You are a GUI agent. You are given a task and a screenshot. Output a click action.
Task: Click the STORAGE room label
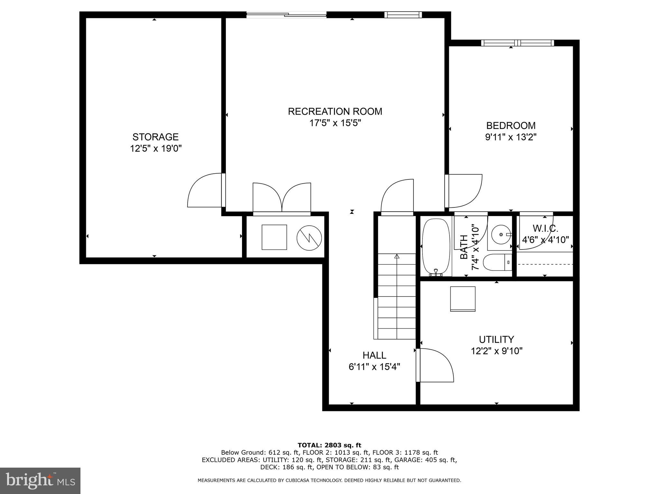155,137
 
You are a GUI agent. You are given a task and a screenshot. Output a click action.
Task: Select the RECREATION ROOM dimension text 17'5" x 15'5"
335,123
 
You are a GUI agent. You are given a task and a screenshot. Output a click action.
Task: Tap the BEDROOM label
511,125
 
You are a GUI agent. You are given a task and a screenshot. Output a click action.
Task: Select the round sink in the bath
501,234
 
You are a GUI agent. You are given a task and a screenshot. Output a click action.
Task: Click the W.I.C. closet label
545,228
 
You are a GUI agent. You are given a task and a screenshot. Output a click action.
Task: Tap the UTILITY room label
496,339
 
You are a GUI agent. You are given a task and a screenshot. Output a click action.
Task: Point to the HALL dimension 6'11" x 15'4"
374,367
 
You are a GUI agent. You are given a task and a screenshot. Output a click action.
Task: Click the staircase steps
396,296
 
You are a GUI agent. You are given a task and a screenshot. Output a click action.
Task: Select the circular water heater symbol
309,238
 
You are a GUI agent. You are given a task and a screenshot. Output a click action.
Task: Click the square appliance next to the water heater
274,237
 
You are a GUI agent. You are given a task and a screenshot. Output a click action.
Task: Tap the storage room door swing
204,190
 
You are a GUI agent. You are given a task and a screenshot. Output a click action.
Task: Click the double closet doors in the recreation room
282,197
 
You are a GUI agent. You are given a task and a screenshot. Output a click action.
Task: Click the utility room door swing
435,365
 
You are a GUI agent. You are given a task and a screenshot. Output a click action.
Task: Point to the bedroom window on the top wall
517,43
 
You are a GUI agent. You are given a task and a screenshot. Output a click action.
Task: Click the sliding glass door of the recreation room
286,14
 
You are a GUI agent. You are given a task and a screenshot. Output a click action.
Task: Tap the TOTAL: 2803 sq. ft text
329,445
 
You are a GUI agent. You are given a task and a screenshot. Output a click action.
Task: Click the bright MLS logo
40,480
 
